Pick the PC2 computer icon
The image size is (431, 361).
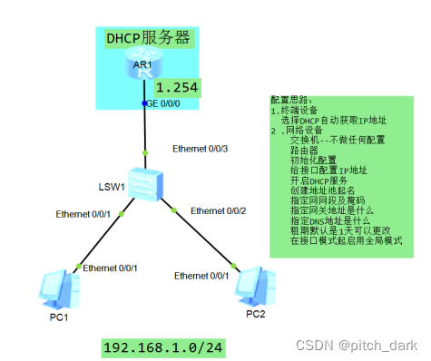(x=250, y=286)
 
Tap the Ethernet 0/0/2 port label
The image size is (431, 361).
(x=219, y=211)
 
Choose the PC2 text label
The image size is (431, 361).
(x=256, y=314)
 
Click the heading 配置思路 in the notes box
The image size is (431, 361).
(x=290, y=100)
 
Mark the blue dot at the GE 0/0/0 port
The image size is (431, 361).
(x=143, y=104)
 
